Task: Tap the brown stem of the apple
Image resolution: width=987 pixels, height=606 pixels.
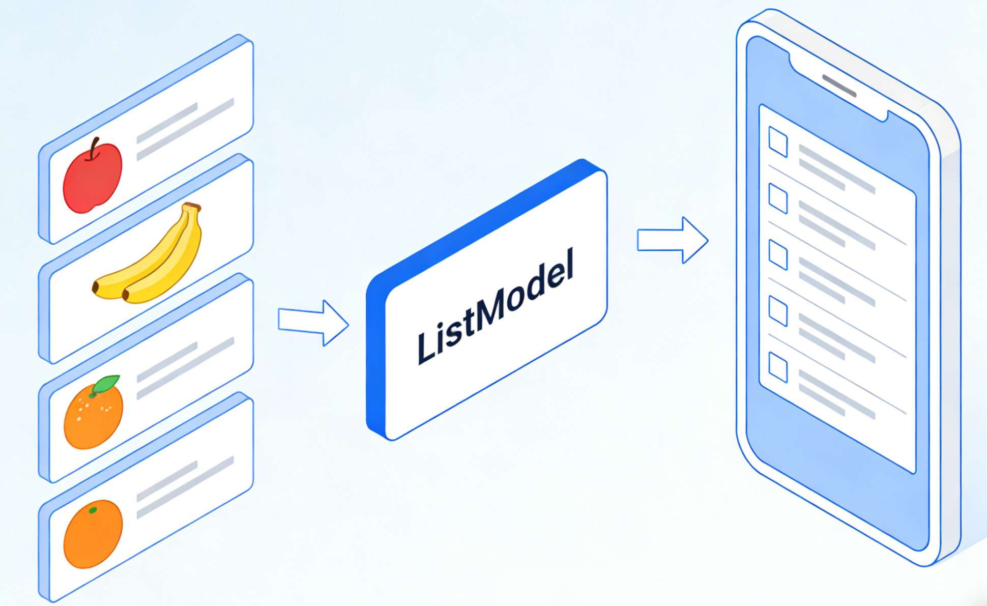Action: click(x=93, y=149)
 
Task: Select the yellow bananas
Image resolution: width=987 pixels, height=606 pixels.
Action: click(x=153, y=259)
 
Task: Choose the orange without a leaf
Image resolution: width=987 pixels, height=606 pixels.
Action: click(x=93, y=534)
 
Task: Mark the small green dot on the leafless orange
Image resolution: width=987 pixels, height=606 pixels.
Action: click(x=93, y=510)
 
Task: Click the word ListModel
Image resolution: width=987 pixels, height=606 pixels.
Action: click(x=496, y=306)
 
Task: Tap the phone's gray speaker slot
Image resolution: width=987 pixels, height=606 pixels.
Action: click(x=839, y=86)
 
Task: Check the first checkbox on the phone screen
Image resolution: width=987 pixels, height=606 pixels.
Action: click(x=778, y=142)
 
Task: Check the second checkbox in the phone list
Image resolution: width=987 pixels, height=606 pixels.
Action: click(x=778, y=198)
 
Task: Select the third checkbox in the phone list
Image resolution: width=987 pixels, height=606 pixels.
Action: click(x=778, y=255)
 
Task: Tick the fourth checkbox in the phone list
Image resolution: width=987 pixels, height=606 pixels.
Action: click(x=778, y=311)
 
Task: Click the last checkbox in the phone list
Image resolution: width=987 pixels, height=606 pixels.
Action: click(x=778, y=367)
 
